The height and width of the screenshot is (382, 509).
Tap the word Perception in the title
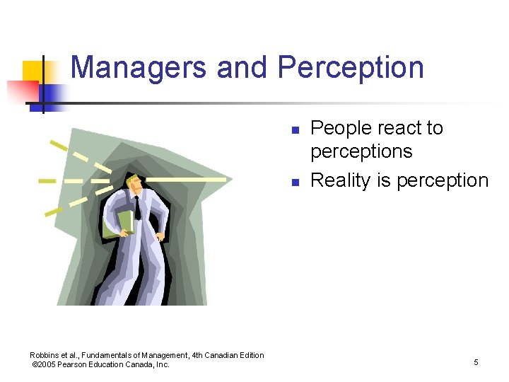[x=351, y=67]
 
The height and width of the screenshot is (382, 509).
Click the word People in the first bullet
[x=341, y=128]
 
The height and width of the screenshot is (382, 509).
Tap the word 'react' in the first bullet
[x=397, y=128]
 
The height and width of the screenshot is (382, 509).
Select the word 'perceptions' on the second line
[x=361, y=151]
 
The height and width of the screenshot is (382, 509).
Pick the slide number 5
[x=476, y=362]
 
